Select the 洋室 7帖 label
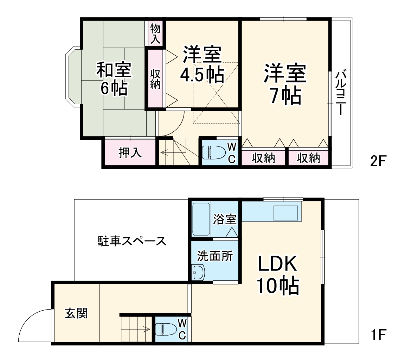point(285,84)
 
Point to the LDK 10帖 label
point(278,275)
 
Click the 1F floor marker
point(378,334)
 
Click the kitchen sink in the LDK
point(286,212)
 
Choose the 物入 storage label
point(155,33)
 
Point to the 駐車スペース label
point(131,241)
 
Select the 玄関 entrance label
point(76,313)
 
